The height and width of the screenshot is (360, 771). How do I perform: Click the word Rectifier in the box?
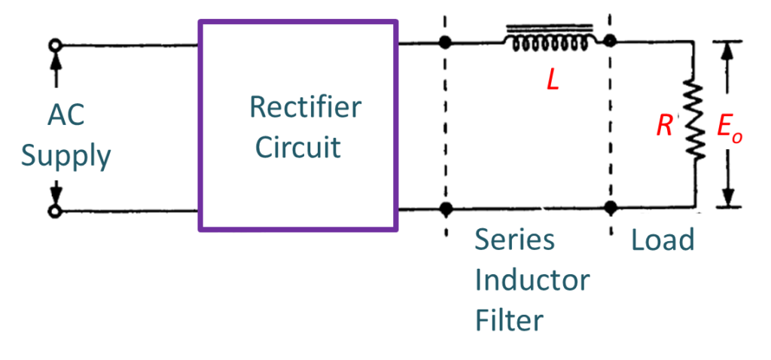click(305, 107)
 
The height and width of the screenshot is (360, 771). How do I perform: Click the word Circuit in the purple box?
click(298, 147)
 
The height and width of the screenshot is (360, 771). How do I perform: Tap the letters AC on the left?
click(67, 116)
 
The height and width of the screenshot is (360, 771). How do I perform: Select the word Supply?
click(66, 157)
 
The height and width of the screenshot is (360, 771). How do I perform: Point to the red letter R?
click(664, 126)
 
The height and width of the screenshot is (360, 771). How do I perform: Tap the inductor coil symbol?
click(553, 41)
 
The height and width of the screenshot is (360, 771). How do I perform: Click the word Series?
click(514, 240)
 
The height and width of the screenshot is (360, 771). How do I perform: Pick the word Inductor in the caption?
click(532, 281)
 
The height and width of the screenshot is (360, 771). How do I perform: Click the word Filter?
click(509, 320)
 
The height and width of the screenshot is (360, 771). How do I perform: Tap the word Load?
click(663, 240)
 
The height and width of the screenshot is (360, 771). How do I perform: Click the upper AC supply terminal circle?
click(54, 46)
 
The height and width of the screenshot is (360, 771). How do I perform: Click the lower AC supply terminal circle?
click(54, 212)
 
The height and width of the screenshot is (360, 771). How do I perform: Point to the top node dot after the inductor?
click(610, 42)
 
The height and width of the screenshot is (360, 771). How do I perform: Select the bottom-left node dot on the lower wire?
click(446, 208)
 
